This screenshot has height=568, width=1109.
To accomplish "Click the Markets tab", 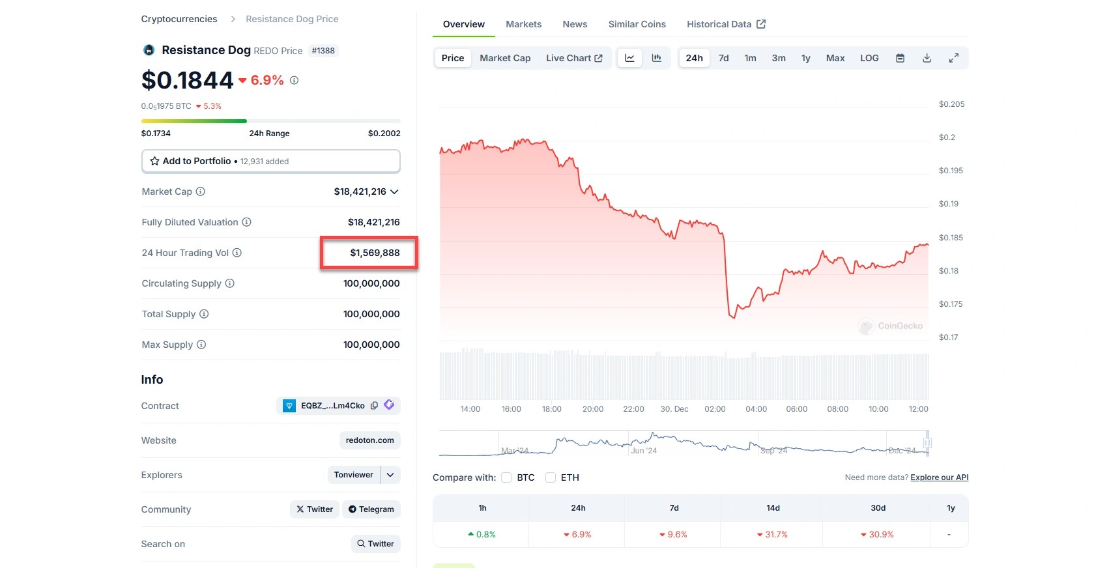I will pos(523,24).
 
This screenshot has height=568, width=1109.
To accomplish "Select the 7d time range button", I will pos(723,58).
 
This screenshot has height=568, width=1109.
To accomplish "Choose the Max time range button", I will pos(835,58).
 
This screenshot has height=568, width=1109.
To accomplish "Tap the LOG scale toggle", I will pos(869,58).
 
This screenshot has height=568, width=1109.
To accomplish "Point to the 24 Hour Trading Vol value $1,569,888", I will pos(375,253).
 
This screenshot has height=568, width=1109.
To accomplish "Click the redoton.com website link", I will pos(369,440).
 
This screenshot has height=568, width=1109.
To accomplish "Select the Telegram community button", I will pos(371,509).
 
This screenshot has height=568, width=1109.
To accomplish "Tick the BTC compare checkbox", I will pos(506,477).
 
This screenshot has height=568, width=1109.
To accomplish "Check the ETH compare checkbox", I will pos(551,477).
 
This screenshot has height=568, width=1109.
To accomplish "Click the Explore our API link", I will pos(939,477).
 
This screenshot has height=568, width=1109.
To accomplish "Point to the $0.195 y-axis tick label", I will pos(951,171).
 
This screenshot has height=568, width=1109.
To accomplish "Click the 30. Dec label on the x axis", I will pos(674,409).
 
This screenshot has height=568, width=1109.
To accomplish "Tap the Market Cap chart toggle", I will pos(505,58).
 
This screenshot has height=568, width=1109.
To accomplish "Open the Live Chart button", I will pos(574,58).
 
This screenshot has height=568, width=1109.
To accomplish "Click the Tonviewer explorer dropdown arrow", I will pos(390,475).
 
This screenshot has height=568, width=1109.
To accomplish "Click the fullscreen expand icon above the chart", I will pos(953,58).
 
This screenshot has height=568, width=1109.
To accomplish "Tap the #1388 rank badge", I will pos(323,51).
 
